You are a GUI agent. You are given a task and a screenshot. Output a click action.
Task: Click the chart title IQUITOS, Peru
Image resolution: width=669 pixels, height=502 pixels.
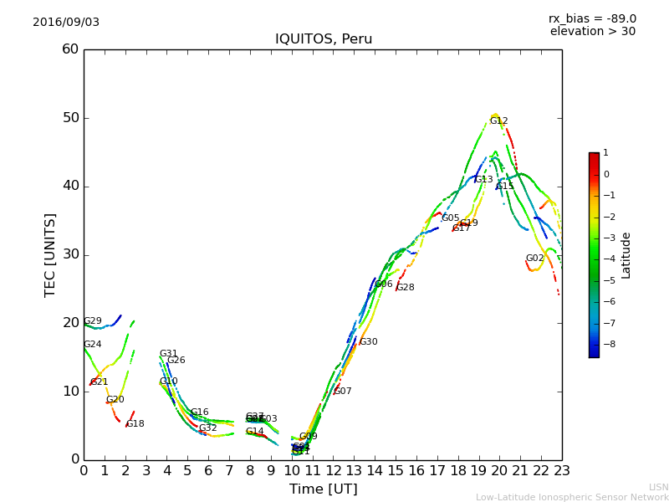pyautogui.click(x=324, y=39)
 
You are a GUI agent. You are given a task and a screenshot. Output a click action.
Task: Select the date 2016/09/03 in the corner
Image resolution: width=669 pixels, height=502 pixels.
pyautogui.click(x=66, y=22)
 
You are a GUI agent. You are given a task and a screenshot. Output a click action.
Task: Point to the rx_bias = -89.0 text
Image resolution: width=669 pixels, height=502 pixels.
pyautogui.click(x=592, y=18)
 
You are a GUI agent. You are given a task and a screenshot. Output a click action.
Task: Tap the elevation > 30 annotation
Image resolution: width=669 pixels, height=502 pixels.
pyautogui.click(x=592, y=32)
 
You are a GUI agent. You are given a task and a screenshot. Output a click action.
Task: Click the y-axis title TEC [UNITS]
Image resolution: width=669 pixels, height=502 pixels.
pyautogui.click(x=50, y=254)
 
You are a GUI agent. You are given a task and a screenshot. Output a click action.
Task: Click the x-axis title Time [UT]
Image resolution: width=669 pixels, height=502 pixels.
pyautogui.click(x=323, y=489)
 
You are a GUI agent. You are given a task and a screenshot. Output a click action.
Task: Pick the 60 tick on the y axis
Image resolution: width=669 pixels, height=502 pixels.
pyautogui.click(x=70, y=49)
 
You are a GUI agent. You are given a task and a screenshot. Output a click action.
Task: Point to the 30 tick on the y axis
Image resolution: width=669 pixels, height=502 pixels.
pyautogui.click(x=70, y=254)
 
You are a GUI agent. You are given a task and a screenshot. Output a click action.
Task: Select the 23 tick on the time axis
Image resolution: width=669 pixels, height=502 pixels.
pyautogui.click(x=562, y=471)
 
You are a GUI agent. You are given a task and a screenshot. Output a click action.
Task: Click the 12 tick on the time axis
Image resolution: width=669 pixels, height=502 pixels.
pyautogui.click(x=333, y=471)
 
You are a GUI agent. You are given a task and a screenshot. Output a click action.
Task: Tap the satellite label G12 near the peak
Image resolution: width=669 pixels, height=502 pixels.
pyautogui.click(x=498, y=121)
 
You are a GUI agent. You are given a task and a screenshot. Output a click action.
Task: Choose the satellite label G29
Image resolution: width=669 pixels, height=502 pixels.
pyautogui.click(x=93, y=321)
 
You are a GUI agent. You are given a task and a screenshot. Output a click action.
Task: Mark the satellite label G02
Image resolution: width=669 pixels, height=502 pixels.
pyautogui.click(x=534, y=259)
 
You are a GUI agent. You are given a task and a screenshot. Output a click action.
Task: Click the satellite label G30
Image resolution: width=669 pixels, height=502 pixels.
pyautogui.click(x=368, y=342)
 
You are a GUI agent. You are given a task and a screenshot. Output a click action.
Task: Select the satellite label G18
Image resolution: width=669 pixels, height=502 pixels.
pyautogui.click(x=135, y=424)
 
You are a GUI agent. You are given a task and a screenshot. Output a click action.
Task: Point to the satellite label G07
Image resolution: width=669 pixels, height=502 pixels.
pyautogui.click(x=343, y=392)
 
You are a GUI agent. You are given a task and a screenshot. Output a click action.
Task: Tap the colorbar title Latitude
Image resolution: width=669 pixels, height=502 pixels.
pyautogui.click(x=626, y=255)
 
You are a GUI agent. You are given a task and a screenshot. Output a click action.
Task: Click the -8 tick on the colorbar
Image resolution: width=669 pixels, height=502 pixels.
pyautogui.click(x=606, y=343)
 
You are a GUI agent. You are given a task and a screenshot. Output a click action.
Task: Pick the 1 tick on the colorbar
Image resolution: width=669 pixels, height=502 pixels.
pyautogui.click(x=605, y=153)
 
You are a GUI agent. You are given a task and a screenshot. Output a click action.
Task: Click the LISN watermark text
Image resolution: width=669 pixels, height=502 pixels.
pyautogui.click(x=658, y=487)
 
